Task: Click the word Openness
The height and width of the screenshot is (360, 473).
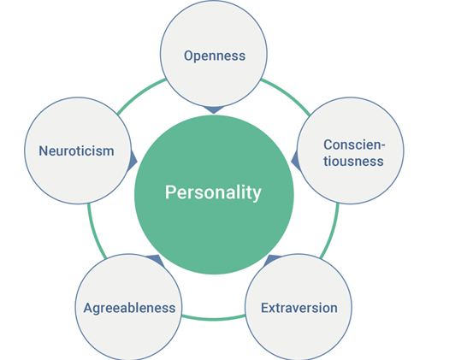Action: (215, 56)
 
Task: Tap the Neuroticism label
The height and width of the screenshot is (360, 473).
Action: (76, 150)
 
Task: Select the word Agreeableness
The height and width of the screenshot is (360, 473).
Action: (129, 308)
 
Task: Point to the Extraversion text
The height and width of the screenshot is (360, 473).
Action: (299, 308)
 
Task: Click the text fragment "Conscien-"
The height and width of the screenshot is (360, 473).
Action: (354, 145)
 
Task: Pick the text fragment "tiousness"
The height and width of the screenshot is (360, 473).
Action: (353, 161)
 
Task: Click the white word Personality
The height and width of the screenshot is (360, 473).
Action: (213, 192)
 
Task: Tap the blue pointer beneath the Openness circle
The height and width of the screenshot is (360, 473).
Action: (214, 109)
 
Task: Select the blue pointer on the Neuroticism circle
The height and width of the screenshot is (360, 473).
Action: (133, 161)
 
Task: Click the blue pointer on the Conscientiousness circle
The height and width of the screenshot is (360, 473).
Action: (296, 161)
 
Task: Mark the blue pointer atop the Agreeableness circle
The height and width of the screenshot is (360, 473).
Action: (156, 260)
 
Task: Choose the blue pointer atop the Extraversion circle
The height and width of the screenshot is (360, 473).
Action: (271, 259)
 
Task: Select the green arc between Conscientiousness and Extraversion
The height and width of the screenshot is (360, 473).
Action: (331, 232)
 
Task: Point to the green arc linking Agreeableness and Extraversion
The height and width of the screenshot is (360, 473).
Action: (213, 319)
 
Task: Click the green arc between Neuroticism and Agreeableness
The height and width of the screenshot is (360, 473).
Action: (95, 232)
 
